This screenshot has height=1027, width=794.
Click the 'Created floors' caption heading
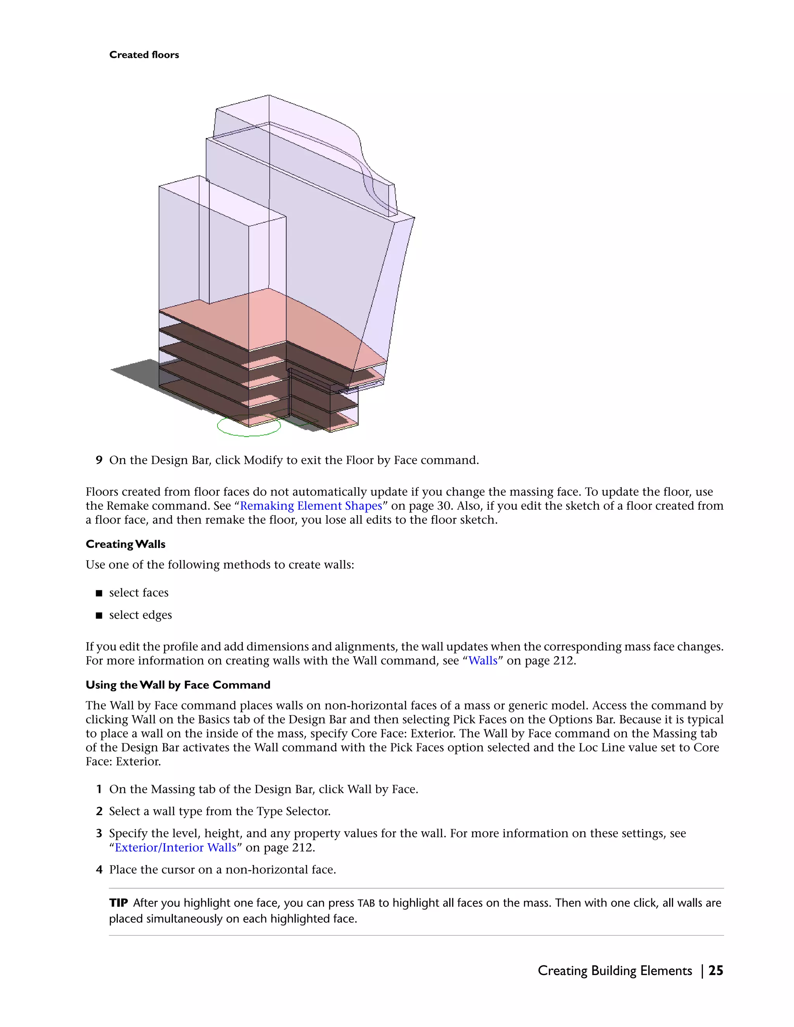coord(144,55)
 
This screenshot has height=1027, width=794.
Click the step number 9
coord(99,460)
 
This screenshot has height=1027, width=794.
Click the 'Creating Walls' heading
coord(126,544)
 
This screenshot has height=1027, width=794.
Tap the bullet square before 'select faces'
coord(99,593)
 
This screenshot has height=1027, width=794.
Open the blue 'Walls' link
coord(483,660)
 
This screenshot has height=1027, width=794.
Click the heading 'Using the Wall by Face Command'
coord(178,685)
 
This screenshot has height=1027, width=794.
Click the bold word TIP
coord(118,903)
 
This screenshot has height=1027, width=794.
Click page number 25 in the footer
coord(715,970)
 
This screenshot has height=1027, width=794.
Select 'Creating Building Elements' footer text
coord(614,970)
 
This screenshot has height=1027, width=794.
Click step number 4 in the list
coord(99,870)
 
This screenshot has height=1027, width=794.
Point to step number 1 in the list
coord(99,789)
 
